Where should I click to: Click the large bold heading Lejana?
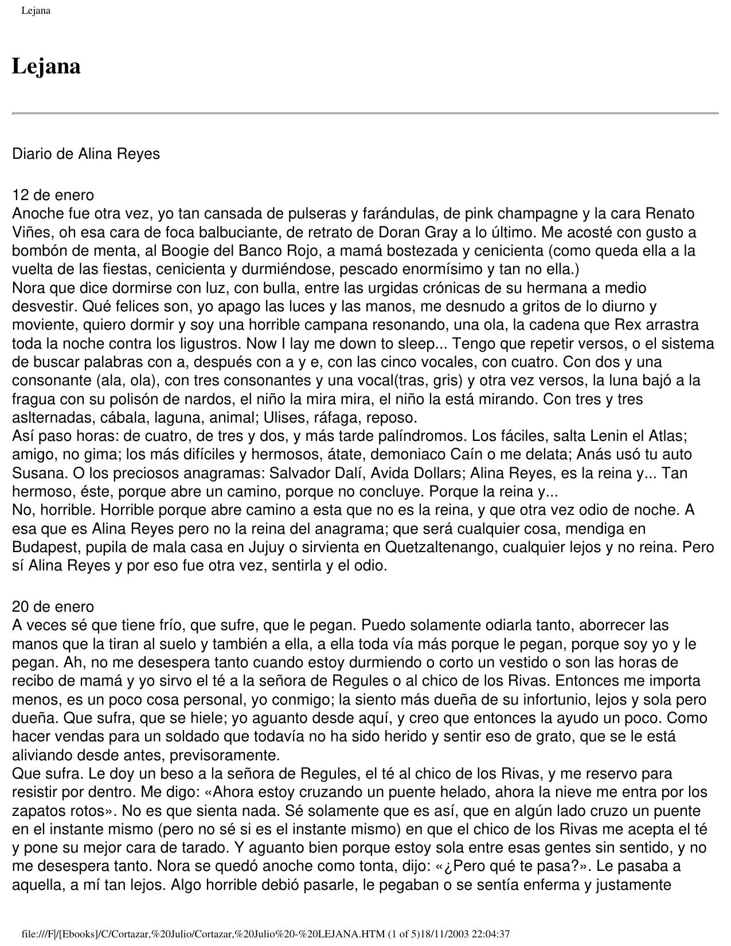46,67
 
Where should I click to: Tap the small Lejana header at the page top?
36,10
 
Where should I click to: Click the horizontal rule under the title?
365,114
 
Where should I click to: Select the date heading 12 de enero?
53,195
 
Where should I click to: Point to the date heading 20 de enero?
53,607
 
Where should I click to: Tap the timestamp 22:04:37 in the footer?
490,934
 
